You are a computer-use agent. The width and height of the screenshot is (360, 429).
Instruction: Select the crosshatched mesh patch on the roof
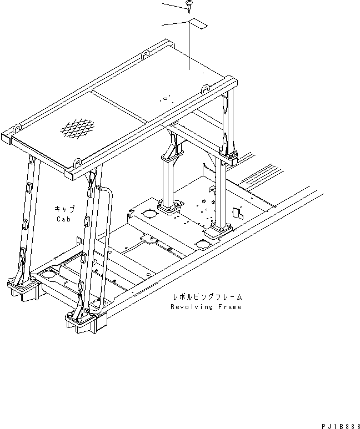[77, 128]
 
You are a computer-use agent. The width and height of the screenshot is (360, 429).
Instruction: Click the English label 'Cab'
[63, 219]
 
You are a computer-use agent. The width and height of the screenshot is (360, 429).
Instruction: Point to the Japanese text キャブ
[64, 209]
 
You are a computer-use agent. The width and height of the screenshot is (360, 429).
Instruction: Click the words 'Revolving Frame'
[206, 306]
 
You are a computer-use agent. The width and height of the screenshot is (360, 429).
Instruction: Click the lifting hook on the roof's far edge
[145, 54]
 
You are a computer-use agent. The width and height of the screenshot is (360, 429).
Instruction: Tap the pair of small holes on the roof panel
[164, 99]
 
